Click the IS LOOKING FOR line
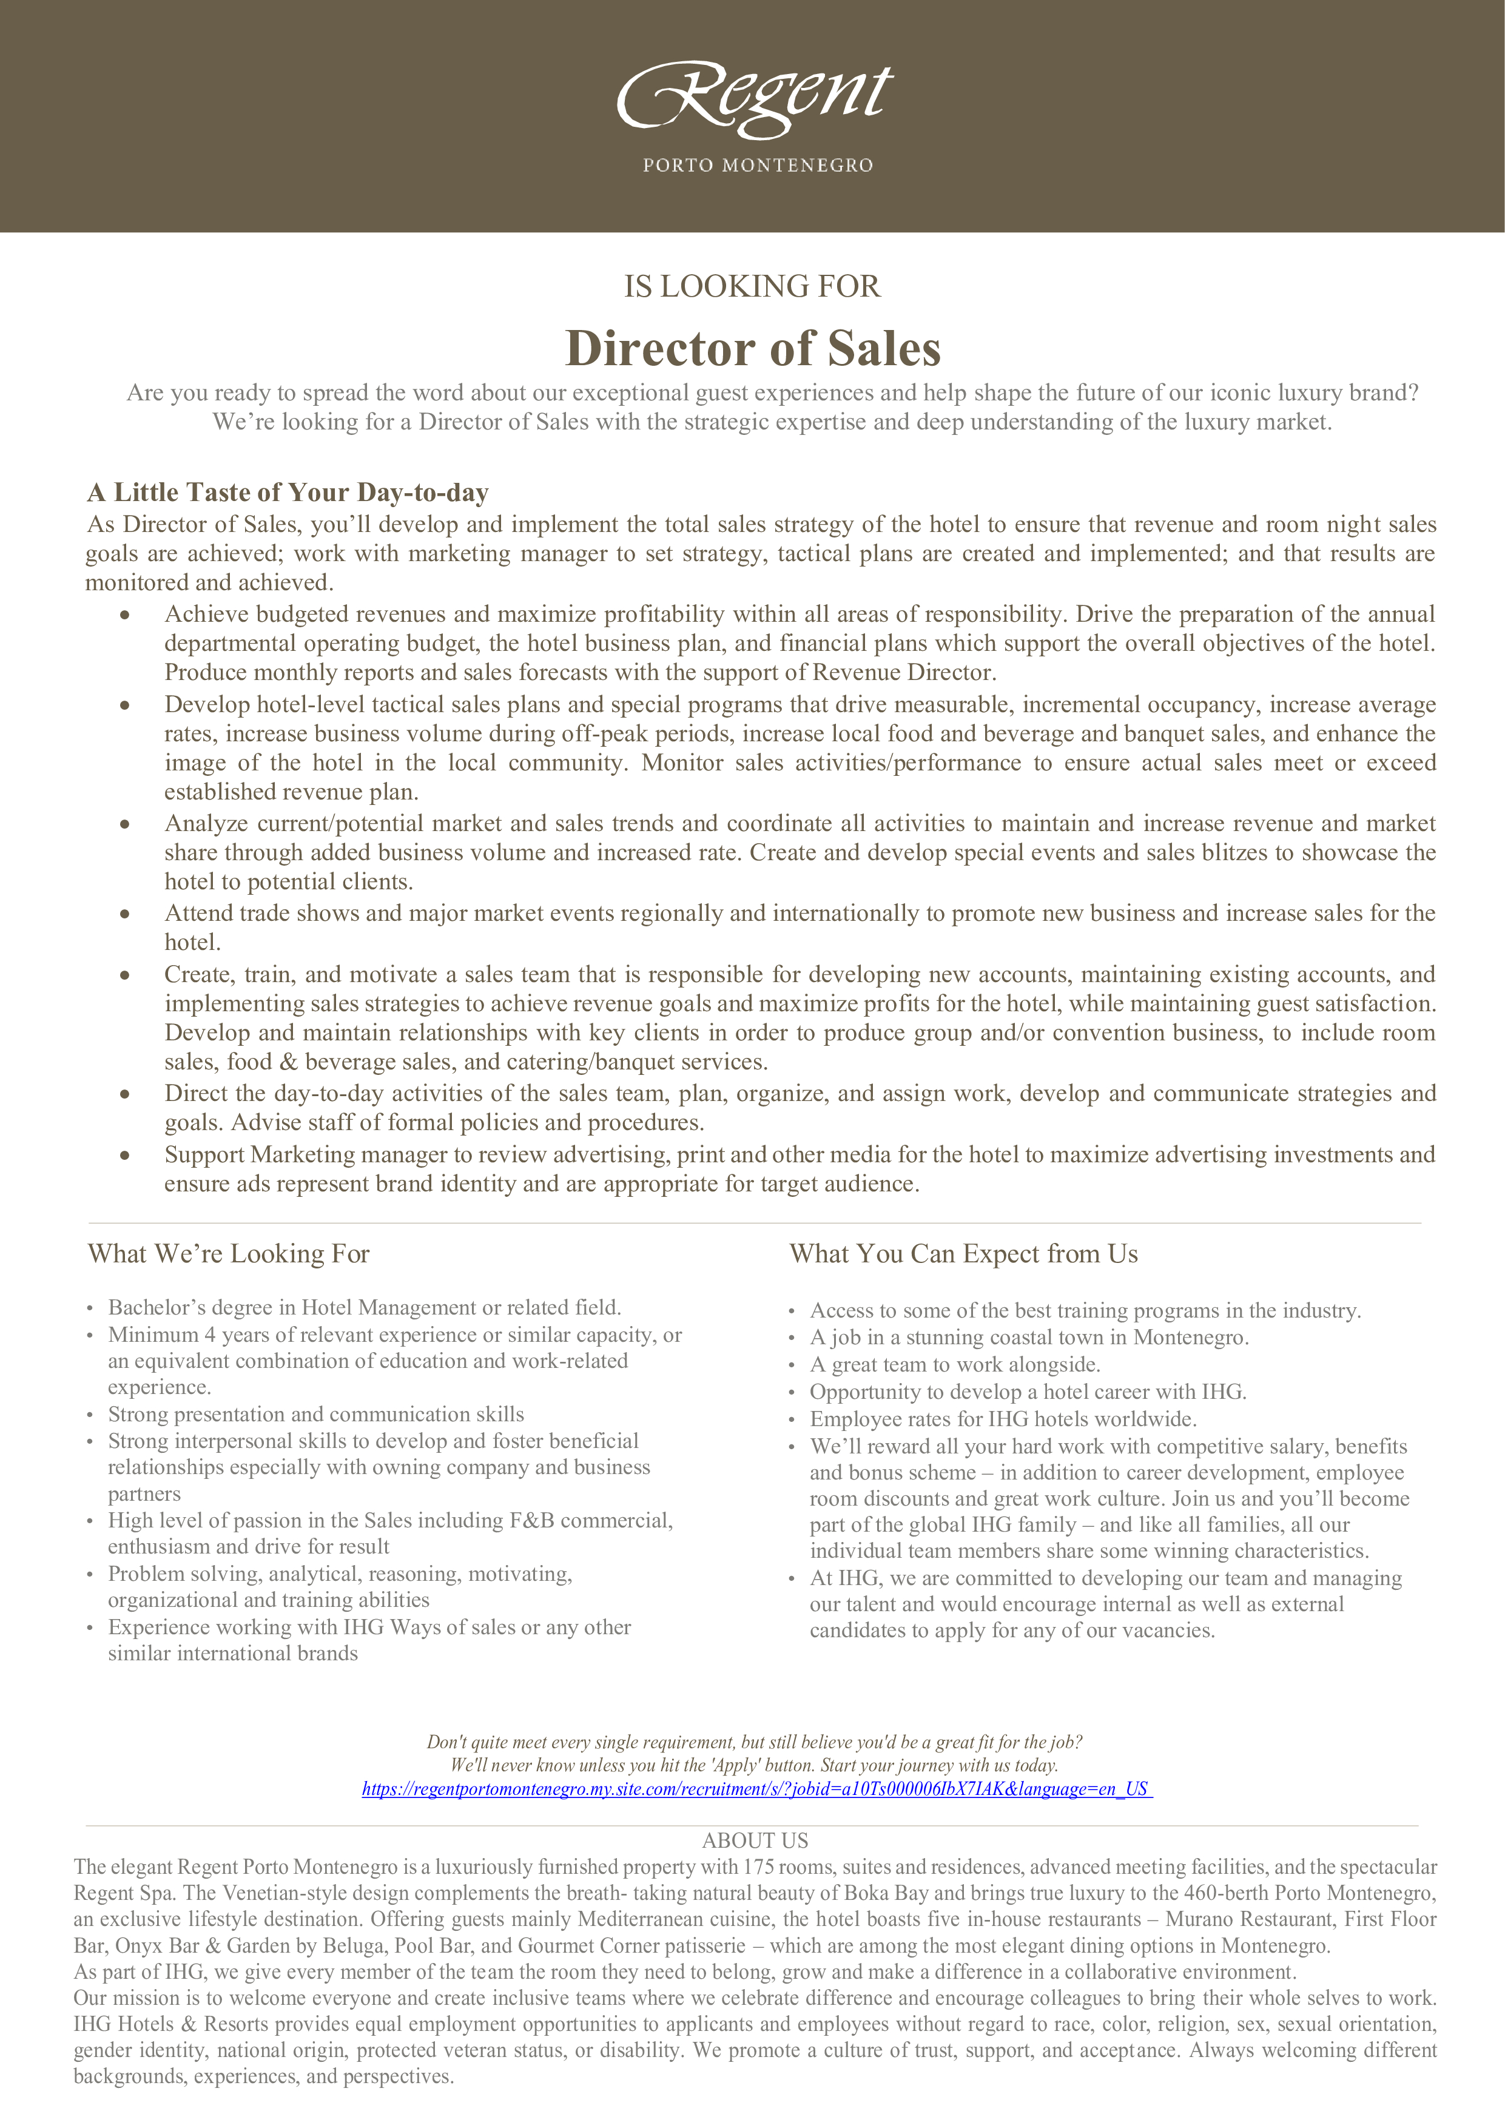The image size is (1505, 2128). point(752,286)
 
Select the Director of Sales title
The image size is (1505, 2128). point(752,348)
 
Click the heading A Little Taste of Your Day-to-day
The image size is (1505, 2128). point(288,492)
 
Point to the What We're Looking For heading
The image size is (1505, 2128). point(229,1254)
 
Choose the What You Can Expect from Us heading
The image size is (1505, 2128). point(963,1254)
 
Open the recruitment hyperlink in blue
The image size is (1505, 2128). point(756,1789)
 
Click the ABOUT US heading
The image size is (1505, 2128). point(755,1840)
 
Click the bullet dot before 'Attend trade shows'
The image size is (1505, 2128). point(124,914)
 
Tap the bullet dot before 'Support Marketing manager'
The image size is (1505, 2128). point(124,1155)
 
